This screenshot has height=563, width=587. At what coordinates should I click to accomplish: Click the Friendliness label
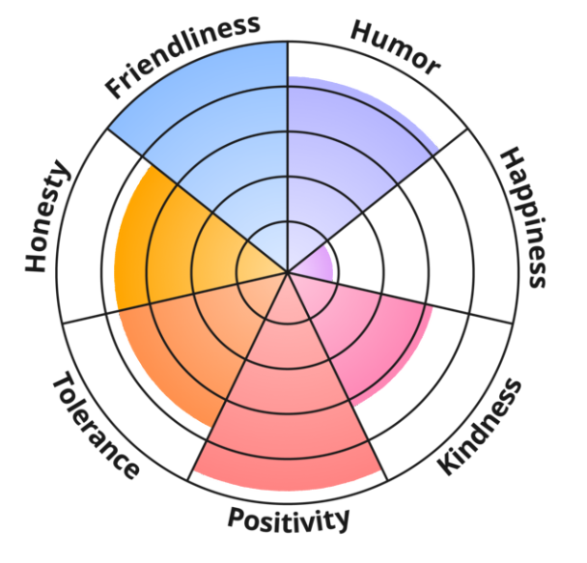[x=183, y=55]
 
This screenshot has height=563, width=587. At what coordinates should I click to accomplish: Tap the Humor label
[x=396, y=46]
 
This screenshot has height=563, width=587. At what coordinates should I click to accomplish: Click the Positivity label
[x=289, y=519]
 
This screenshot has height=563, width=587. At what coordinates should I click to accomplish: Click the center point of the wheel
[x=288, y=273]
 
